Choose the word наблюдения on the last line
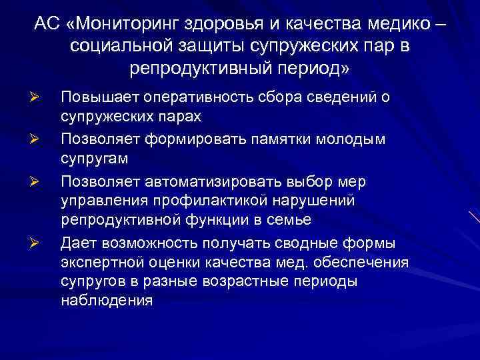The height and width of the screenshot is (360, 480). pyautogui.click(x=107, y=301)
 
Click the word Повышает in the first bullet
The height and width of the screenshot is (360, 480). pyautogui.click(x=99, y=98)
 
